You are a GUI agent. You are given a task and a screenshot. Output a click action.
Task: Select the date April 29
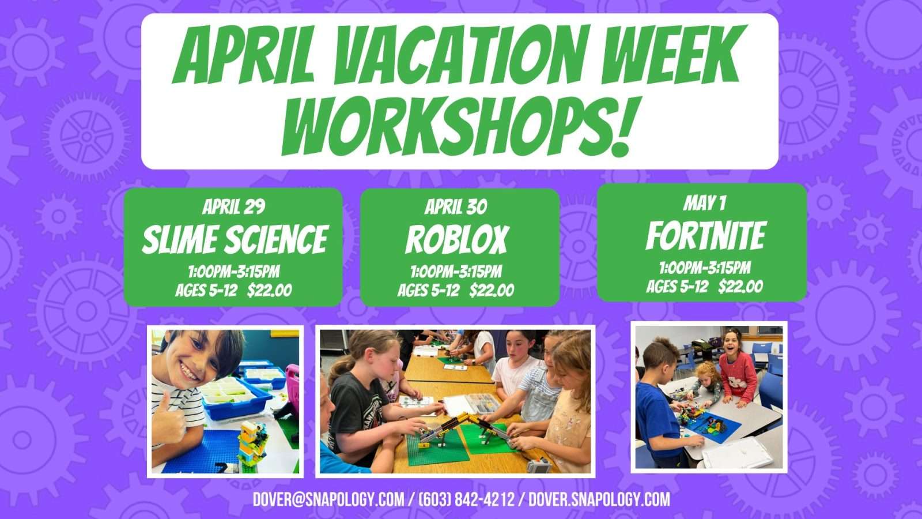tap(233, 207)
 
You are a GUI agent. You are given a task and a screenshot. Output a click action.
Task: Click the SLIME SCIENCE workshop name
tap(235, 239)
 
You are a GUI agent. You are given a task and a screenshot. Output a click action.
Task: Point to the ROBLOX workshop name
tap(457, 240)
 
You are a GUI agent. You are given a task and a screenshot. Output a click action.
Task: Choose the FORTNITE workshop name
tap(705, 236)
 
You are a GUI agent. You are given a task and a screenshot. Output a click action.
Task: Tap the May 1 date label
tap(704, 203)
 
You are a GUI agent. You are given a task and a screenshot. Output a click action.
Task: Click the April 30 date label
tap(456, 207)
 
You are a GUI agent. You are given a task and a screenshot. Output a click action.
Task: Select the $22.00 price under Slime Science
tap(270, 291)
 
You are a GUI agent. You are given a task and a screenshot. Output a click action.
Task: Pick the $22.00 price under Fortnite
tap(740, 286)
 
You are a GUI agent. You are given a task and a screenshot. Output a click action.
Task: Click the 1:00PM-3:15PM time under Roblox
tap(456, 272)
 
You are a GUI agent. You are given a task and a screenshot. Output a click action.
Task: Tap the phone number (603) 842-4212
tap(466, 499)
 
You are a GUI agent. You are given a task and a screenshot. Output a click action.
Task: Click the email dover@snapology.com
tap(328, 499)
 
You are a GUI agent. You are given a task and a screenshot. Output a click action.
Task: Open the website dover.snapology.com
tap(599, 499)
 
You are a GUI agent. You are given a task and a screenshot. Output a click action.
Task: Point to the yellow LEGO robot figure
tap(252, 445)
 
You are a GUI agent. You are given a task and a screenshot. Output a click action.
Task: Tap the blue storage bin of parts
tap(237, 396)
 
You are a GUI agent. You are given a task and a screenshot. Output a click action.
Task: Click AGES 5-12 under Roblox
tap(429, 291)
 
